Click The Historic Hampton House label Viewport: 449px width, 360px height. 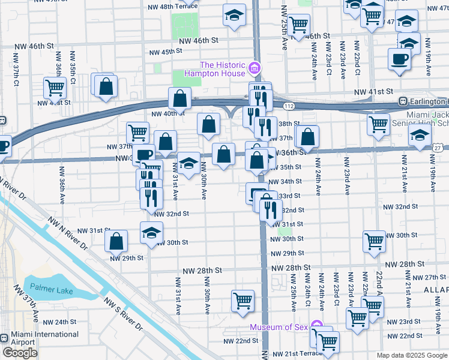coord(223,69)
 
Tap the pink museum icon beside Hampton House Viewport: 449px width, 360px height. coord(256,68)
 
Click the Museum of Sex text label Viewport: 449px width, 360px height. coord(280,327)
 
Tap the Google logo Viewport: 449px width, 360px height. coord(20,353)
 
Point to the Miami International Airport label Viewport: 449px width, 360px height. coord(39,338)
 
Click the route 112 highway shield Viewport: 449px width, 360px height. coord(289,106)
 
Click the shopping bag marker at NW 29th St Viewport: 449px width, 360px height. coord(116,241)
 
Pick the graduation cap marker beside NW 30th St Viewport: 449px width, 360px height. coord(151,233)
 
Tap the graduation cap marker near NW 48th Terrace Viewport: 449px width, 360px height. coord(234,16)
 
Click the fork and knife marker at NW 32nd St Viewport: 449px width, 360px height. coord(271,209)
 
